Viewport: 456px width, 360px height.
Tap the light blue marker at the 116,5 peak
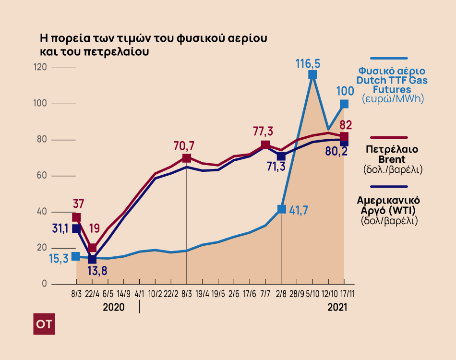pos(312,75)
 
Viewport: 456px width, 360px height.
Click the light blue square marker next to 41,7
pos(282,209)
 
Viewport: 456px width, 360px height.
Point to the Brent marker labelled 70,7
pos(187,158)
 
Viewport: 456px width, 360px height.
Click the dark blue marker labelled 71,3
pos(281,156)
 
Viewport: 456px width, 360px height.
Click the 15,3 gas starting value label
pos(59,259)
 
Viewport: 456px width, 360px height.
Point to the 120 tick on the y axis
pos(41,68)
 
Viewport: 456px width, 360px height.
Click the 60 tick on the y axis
pos(42,176)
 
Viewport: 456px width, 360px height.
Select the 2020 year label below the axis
pos(114,307)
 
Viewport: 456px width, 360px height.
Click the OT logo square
pos(45,325)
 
